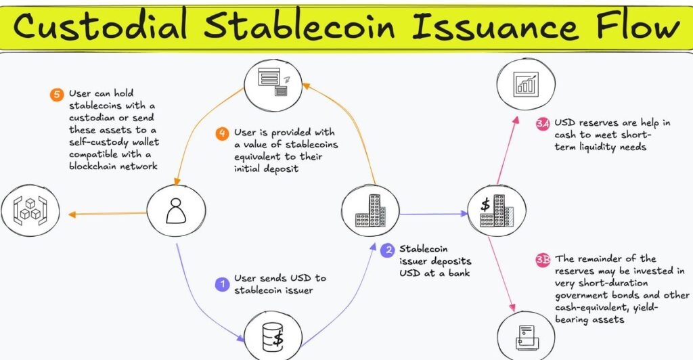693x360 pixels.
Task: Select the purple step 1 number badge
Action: tap(221, 284)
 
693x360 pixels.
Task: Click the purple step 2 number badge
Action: tap(387, 250)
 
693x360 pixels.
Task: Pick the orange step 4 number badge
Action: tap(222, 133)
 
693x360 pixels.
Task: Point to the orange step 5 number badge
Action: tap(56, 93)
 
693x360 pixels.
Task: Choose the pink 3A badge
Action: tap(542, 124)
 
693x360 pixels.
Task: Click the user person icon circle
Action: tap(177, 212)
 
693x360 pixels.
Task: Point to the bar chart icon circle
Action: tap(526, 83)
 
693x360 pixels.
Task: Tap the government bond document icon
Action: tap(526, 335)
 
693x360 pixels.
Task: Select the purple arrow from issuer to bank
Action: tap(433, 214)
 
